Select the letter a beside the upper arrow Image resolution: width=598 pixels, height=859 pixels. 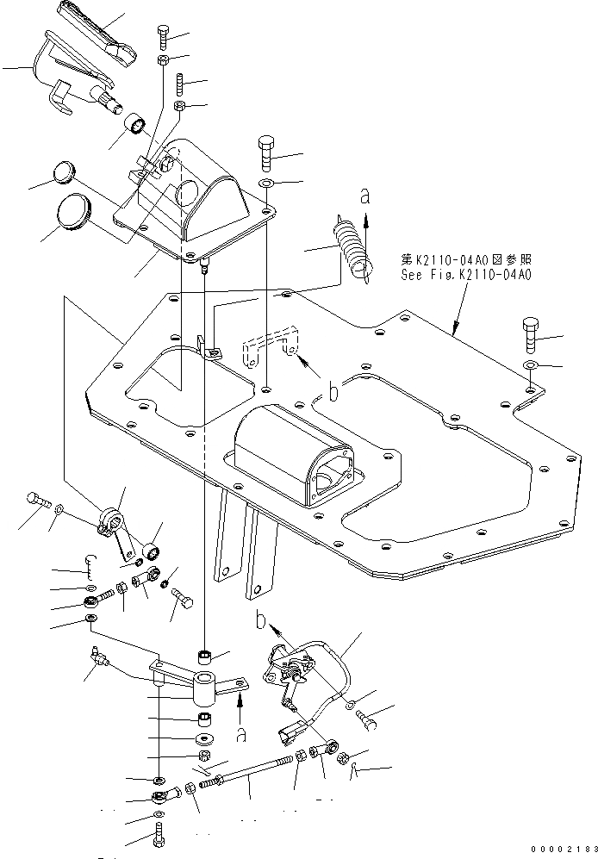click(x=364, y=197)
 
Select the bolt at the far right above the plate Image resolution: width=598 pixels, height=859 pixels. click(x=530, y=333)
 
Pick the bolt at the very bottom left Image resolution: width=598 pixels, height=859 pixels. click(x=159, y=835)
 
